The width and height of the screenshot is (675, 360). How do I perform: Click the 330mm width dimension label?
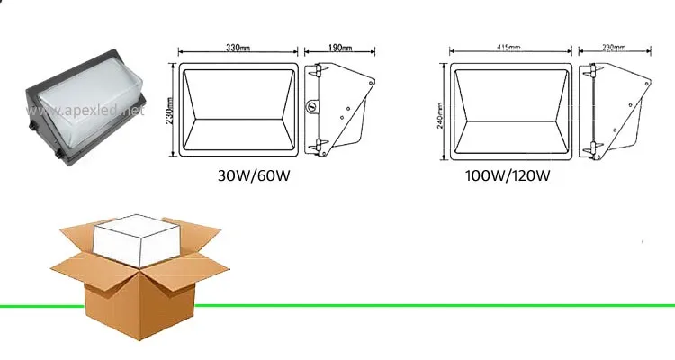click(238, 47)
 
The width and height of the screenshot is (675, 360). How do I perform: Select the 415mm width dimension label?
click(510, 47)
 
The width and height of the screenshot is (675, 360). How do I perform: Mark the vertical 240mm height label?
click(440, 111)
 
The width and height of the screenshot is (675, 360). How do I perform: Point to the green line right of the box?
click(432, 306)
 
